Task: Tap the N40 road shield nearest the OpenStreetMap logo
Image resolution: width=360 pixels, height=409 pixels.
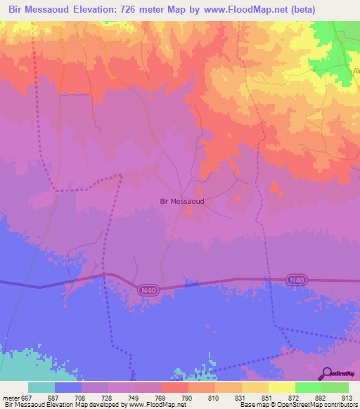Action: click(297, 280)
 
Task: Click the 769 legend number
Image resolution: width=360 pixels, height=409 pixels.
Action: click(161, 397)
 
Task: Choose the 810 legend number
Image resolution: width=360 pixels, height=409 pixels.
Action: click(214, 397)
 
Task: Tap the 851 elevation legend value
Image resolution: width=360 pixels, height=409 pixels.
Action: click(268, 397)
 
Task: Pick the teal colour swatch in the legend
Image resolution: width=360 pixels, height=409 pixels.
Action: click(41, 387)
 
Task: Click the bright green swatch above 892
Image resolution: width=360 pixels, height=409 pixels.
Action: click(308, 387)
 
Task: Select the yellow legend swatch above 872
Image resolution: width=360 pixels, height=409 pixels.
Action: click(281, 387)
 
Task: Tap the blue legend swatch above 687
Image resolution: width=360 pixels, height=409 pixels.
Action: click(68, 387)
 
